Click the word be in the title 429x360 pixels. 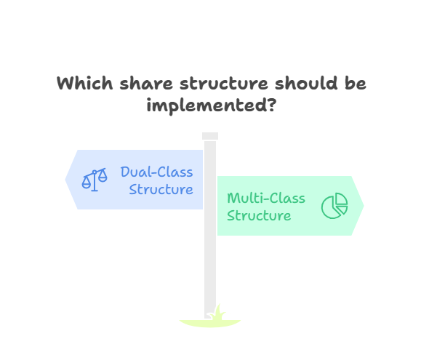coord(354,84)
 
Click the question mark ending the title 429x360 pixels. coord(270,105)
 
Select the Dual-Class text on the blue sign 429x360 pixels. coord(157,172)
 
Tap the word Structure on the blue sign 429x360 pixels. coord(161,189)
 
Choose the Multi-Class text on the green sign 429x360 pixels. coord(266,199)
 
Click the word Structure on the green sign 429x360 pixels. coord(259,216)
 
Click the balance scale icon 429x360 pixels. coord(94,180)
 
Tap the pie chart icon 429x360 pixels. coord(334,207)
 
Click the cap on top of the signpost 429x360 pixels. coord(210,136)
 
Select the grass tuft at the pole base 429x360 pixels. coord(210,320)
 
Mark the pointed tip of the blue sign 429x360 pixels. coord(67,180)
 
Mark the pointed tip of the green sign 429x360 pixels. coord(362,206)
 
